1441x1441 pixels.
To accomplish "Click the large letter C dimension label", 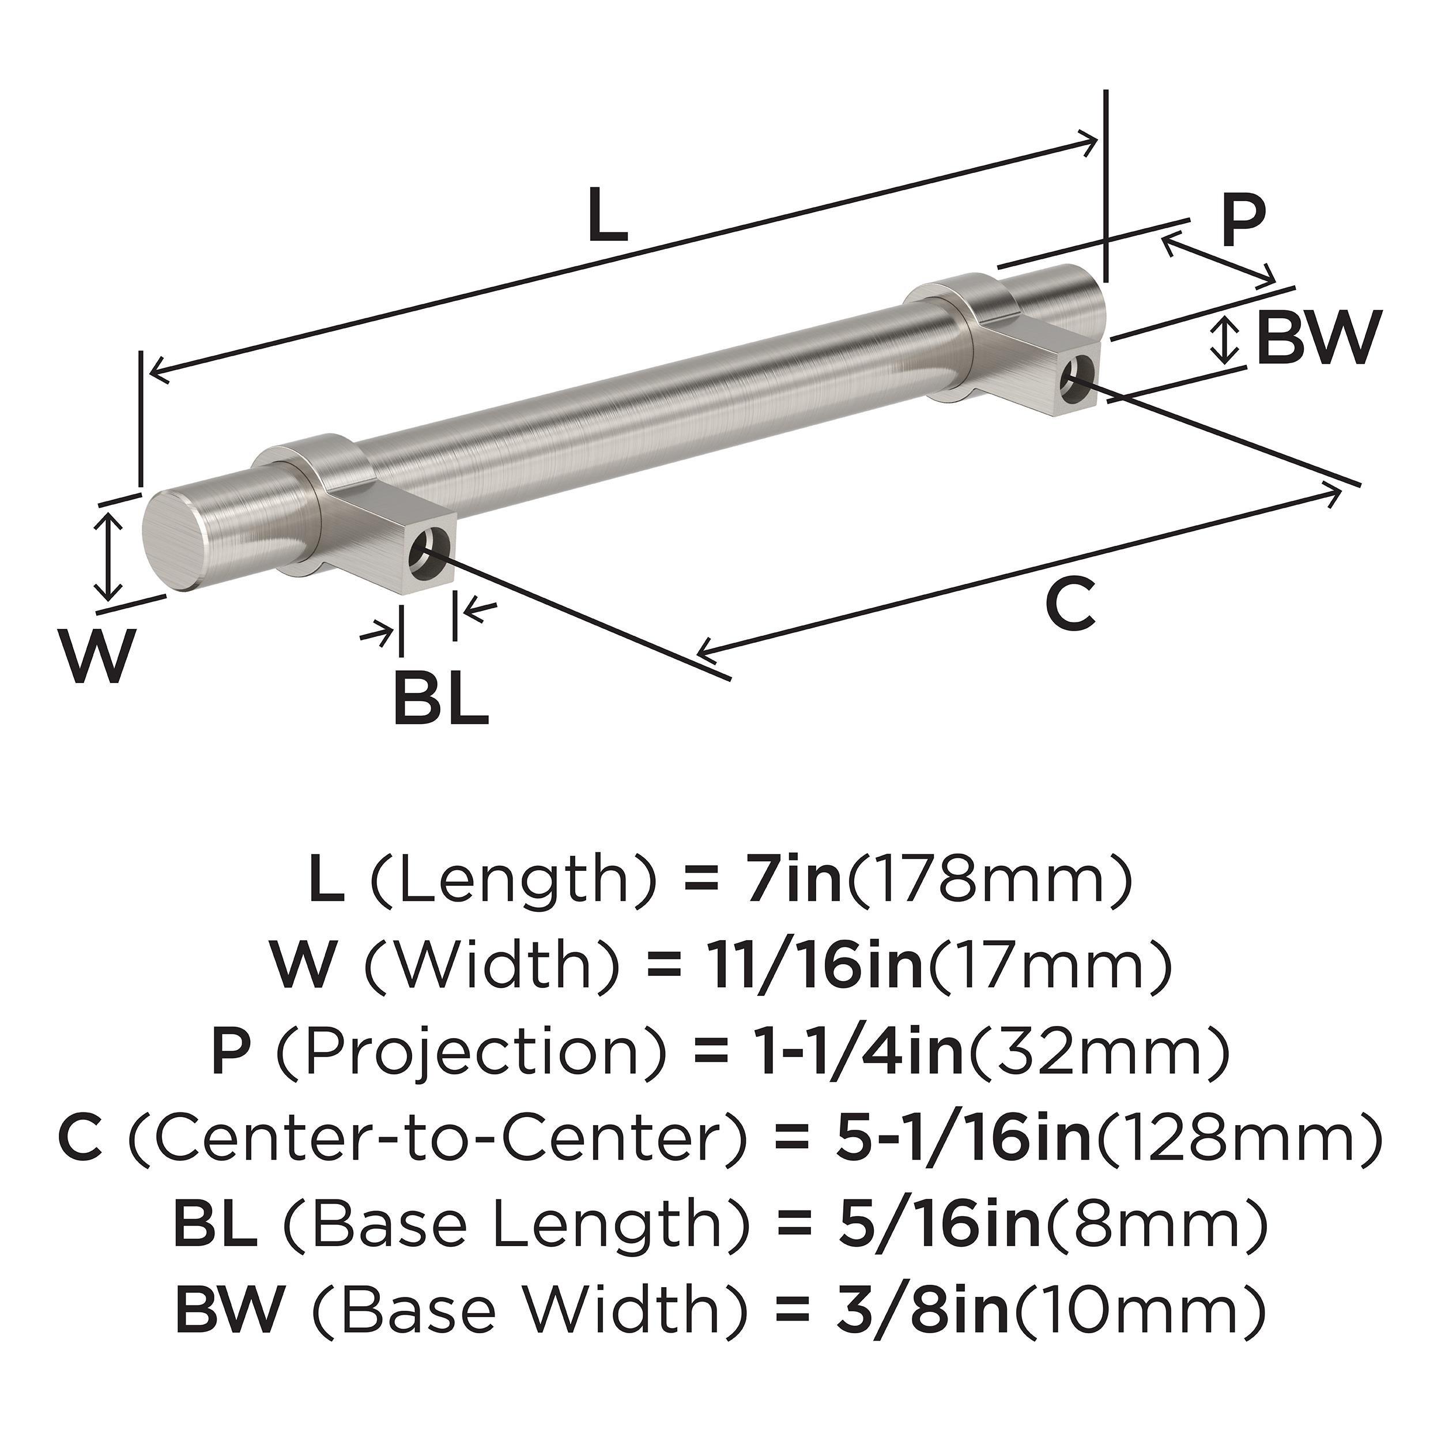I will point(1070,603).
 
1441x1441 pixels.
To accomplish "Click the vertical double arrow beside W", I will point(110,555).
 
